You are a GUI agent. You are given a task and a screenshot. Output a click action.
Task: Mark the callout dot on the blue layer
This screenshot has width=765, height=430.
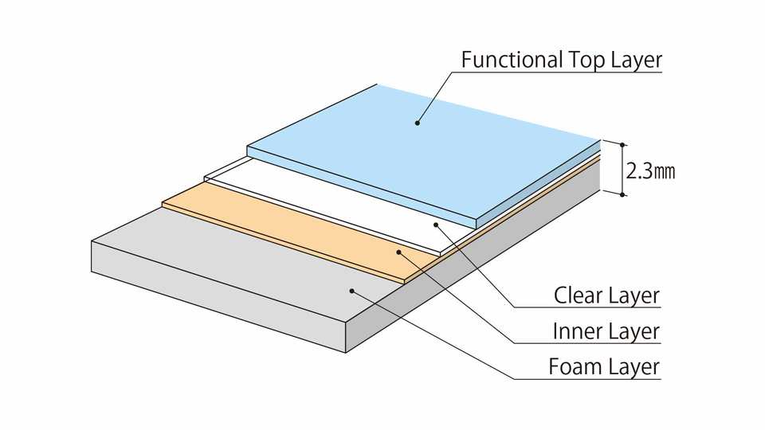pyautogui.click(x=417, y=122)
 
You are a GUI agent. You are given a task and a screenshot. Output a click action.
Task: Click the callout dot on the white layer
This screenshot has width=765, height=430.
pyautogui.click(x=436, y=225)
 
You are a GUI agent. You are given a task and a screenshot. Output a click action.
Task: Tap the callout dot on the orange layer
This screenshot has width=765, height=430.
pyautogui.click(x=399, y=252)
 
